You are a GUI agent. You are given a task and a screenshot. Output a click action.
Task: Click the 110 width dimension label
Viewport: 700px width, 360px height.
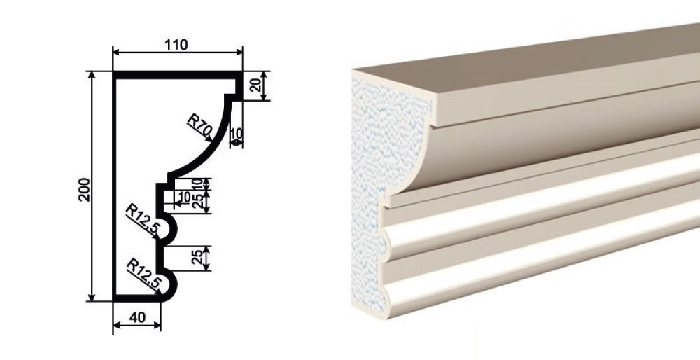point(176,45)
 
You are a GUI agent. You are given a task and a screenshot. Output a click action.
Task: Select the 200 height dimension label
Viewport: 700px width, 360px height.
point(85,189)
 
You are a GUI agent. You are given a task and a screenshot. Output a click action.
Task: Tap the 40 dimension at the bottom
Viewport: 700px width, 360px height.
point(137,317)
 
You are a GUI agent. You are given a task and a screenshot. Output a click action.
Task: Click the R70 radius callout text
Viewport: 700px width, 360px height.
point(199,125)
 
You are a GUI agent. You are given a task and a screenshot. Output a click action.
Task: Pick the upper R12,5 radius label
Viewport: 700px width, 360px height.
point(143,218)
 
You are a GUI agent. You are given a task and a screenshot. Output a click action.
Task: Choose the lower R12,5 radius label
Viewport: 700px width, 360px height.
point(143,273)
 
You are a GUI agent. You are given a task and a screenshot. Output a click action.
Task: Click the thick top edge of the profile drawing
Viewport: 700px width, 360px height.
point(178,75)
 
